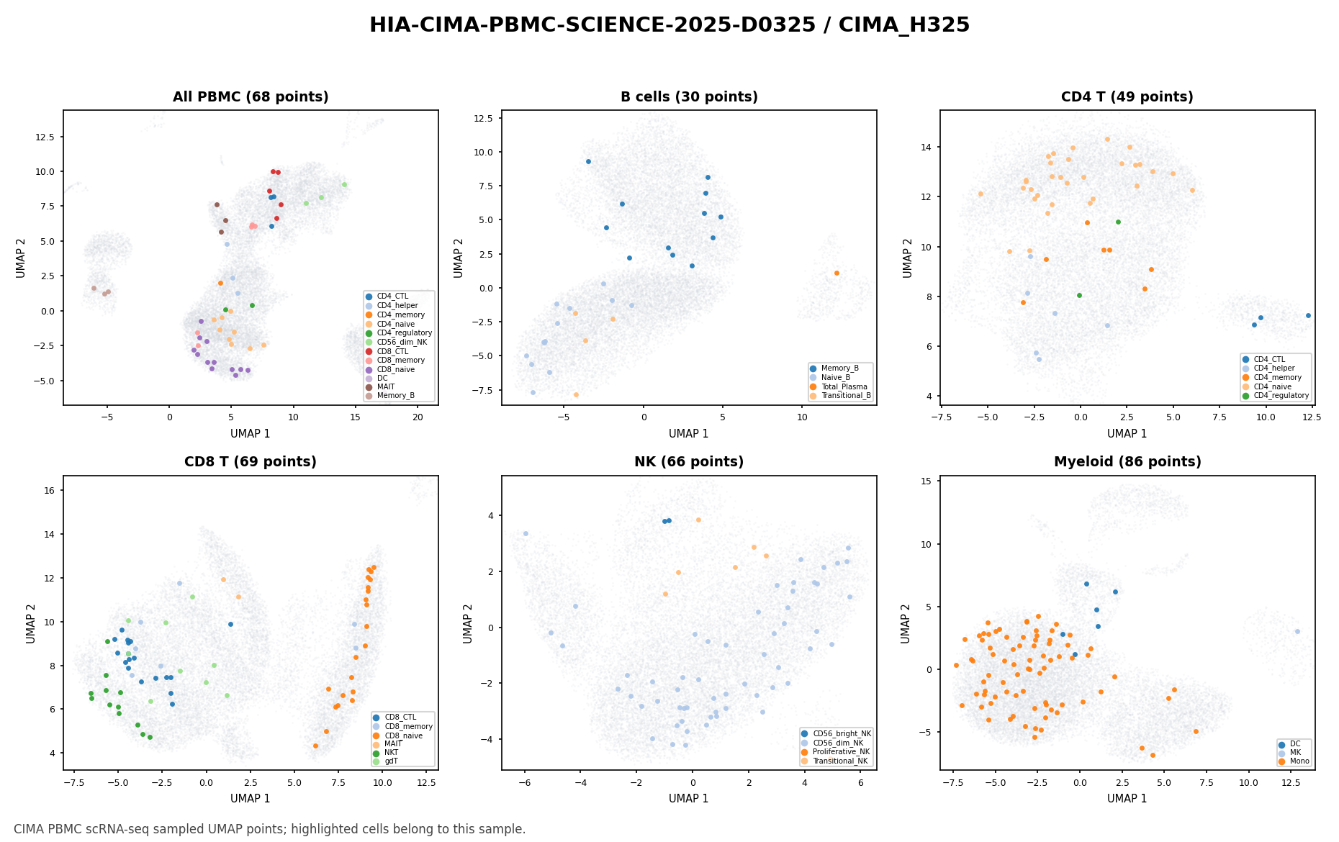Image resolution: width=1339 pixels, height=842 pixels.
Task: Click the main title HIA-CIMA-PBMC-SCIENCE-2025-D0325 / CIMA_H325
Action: pyautogui.click(x=669, y=25)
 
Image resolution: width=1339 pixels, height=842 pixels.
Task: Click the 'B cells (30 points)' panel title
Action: pyautogui.click(x=689, y=97)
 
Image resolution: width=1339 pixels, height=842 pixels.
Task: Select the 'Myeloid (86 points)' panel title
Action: pyautogui.click(x=1127, y=462)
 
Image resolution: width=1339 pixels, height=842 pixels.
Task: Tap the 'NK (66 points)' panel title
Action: pyautogui.click(x=689, y=462)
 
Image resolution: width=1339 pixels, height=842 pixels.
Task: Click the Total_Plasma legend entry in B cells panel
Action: pyautogui.click(x=844, y=386)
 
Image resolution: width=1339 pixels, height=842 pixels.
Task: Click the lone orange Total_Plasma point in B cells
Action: pyautogui.click(x=837, y=273)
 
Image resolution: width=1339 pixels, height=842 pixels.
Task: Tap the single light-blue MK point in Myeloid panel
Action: pyautogui.click(x=1297, y=631)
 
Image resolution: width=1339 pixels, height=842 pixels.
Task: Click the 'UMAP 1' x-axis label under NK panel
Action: pyautogui.click(x=689, y=799)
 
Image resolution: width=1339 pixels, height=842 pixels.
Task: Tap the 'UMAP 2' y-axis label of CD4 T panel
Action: pyautogui.click(x=909, y=258)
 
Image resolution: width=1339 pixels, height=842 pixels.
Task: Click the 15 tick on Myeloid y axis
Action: pyautogui.click(x=927, y=481)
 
